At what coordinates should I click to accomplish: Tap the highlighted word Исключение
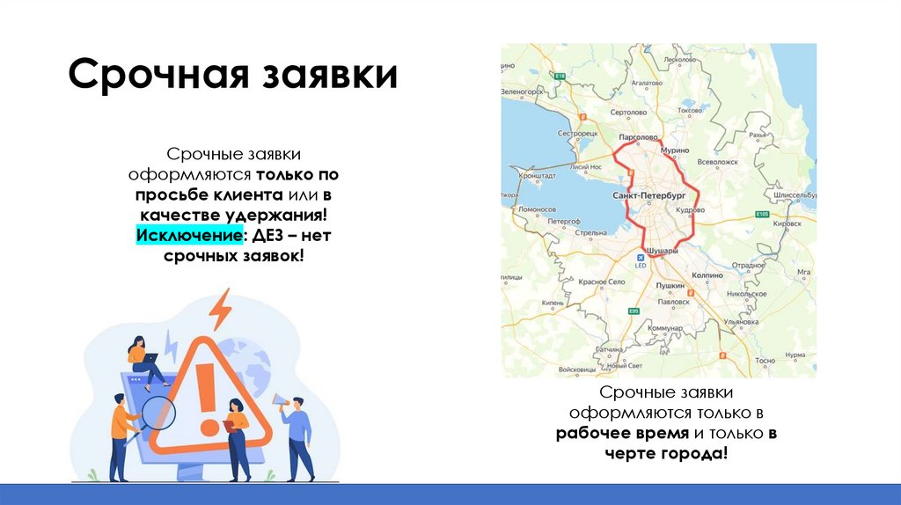coord(186,236)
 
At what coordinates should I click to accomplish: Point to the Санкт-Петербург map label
coord(648,193)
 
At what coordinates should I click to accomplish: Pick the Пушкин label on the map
coord(670,286)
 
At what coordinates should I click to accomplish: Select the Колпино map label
coord(707,275)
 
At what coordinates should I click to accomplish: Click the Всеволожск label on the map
coord(716,162)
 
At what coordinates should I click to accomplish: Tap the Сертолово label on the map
coord(628,113)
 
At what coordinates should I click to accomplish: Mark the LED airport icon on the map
coord(641,258)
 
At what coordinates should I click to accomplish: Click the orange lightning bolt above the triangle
coord(220,309)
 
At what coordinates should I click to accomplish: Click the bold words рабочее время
coord(622,434)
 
